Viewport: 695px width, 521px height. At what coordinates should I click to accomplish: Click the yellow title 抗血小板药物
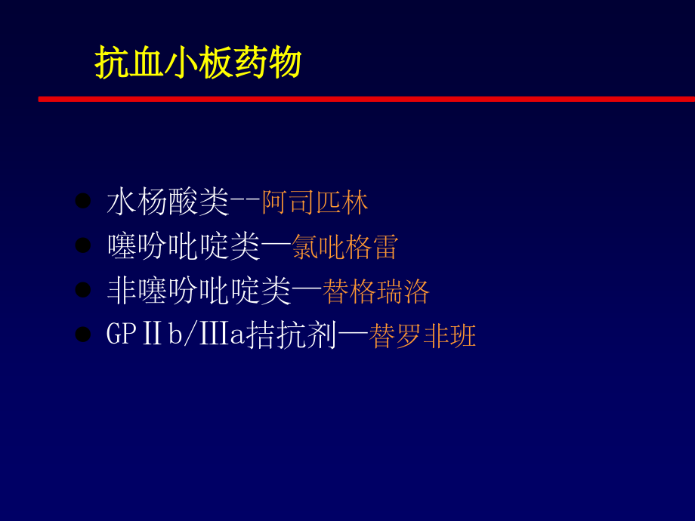[198, 63]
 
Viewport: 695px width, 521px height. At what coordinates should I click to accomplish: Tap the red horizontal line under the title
[366, 99]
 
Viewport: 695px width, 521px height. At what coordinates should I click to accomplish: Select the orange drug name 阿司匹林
[315, 202]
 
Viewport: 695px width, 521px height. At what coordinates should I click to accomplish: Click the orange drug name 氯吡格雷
[345, 247]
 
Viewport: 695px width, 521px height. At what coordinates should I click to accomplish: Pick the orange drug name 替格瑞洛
[376, 291]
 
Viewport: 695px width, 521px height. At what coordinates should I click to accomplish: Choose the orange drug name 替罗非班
[423, 336]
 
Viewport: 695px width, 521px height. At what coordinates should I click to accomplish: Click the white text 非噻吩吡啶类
[199, 291]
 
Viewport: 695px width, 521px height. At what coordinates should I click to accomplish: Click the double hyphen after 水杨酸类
[245, 202]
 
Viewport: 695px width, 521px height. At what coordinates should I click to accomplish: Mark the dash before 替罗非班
[353, 336]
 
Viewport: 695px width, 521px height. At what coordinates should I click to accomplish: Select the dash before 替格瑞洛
[307, 291]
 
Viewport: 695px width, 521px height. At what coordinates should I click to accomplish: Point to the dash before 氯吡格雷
[276, 247]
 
